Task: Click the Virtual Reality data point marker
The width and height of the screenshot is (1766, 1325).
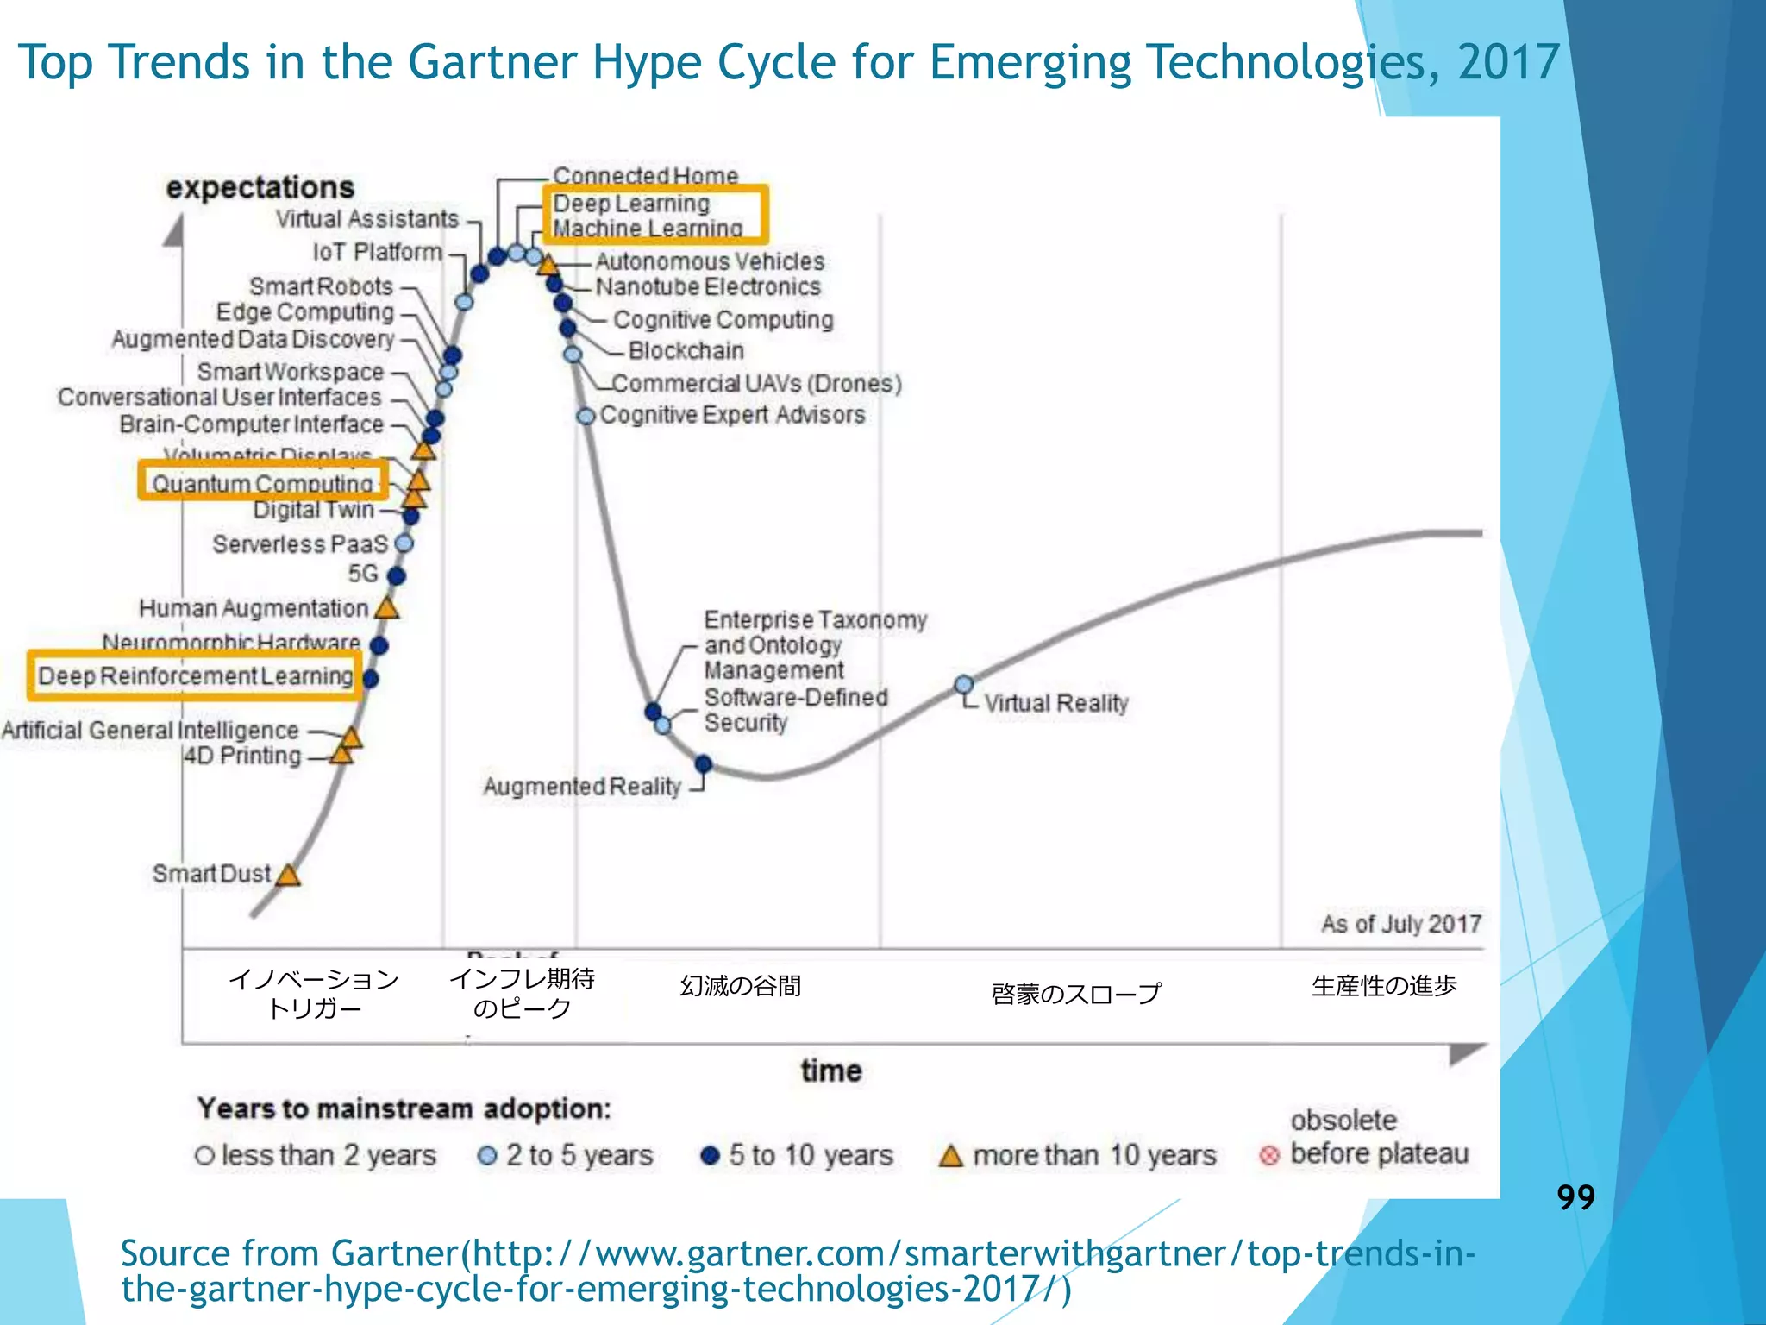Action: (x=964, y=685)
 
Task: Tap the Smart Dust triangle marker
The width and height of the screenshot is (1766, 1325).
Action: (x=288, y=876)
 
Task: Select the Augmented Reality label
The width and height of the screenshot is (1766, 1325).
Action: (x=582, y=787)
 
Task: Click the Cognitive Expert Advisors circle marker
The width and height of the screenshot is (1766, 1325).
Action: (x=586, y=417)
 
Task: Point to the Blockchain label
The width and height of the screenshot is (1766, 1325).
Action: (x=686, y=351)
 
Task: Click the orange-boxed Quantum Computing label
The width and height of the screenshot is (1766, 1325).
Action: (x=263, y=483)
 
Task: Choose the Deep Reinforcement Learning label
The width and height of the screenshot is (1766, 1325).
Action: (x=196, y=675)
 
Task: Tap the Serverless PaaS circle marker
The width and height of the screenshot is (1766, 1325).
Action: (x=404, y=543)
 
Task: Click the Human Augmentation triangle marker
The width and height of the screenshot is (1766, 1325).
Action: (x=387, y=609)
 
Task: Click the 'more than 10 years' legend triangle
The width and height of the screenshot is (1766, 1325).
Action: (x=950, y=1156)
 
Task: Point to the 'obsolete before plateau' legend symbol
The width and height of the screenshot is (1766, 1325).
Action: (x=1269, y=1155)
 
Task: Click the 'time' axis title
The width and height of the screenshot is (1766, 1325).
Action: (x=831, y=1071)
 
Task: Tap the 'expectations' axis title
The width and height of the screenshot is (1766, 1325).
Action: (x=260, y=187)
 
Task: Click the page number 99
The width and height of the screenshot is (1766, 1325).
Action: (x=1575, y=1197)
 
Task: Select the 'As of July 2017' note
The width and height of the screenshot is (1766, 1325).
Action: (x=1400, y=924)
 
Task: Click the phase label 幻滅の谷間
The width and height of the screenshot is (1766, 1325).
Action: (x=741, y=986)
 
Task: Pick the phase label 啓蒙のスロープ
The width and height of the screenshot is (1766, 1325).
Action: (x=1075, y=994)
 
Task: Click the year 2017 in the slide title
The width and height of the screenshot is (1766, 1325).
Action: (x=1508, y=62)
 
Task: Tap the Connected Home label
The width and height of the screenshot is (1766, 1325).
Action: (x=645, y=175)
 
